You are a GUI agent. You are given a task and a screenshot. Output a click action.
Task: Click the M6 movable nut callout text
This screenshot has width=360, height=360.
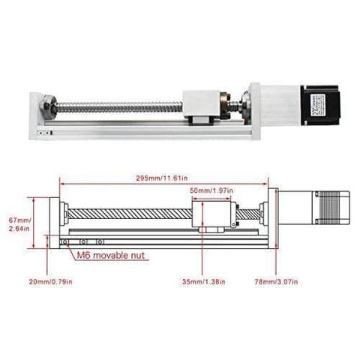click(x=113, y=255)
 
